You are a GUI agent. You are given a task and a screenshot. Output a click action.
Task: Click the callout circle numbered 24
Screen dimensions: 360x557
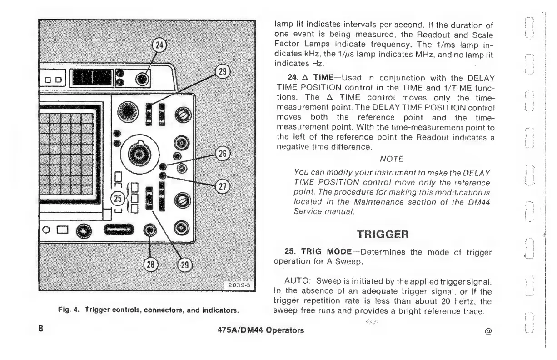tap(160, 46)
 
